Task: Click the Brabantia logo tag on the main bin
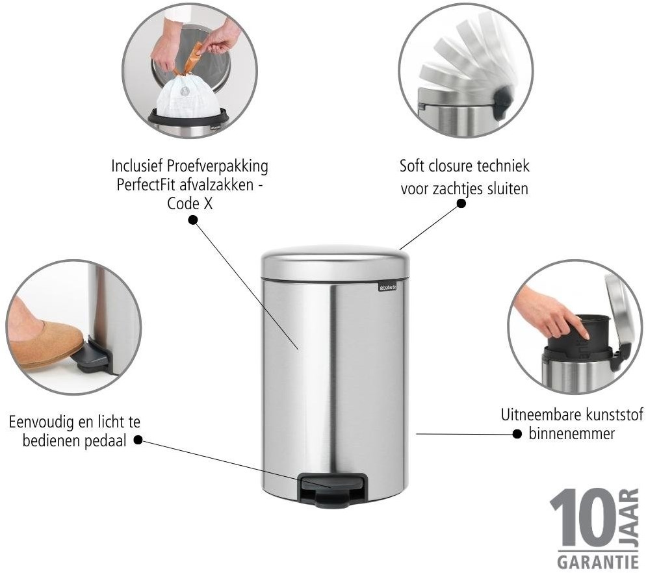(x=387, y=286)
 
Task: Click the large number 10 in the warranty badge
(x=584, y=518)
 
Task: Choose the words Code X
(x=190, y=203)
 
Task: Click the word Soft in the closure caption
(x=413, y=166)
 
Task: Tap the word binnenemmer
(x=571, y=434)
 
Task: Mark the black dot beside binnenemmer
(x=517, y=434)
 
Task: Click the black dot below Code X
(x=192, y=220)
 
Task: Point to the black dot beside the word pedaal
(x=138, y=440)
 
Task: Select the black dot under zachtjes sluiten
(x=461, y=203)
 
